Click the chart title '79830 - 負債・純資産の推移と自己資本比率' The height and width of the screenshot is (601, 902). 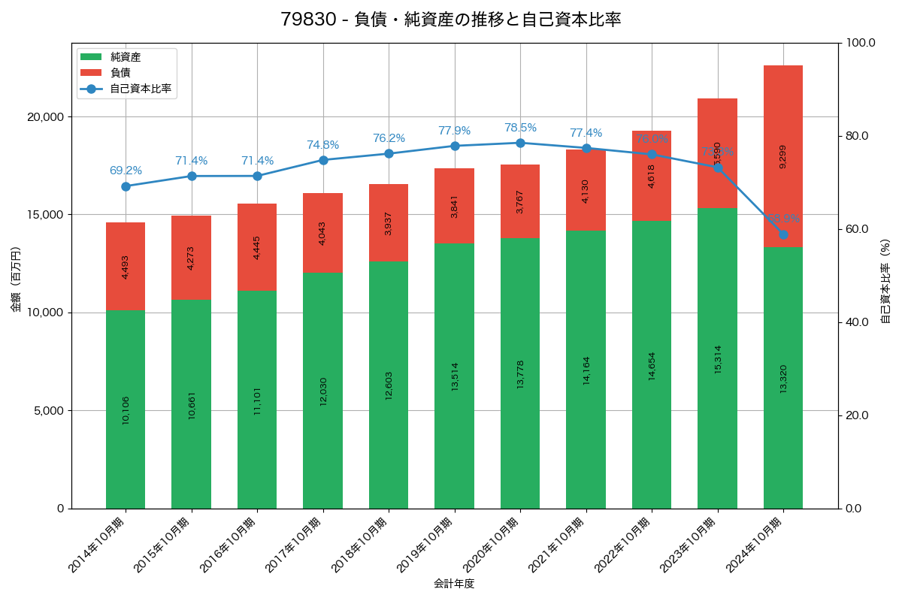450,20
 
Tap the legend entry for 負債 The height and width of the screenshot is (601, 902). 120,73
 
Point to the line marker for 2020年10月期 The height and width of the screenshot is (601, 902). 520,143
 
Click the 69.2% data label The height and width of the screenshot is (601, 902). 126,171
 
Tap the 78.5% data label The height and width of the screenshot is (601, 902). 520,128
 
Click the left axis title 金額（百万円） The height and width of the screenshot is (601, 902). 16,279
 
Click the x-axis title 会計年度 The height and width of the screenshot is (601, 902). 454,584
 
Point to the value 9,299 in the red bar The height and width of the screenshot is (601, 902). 783,156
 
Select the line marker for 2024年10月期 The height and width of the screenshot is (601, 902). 783,234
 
